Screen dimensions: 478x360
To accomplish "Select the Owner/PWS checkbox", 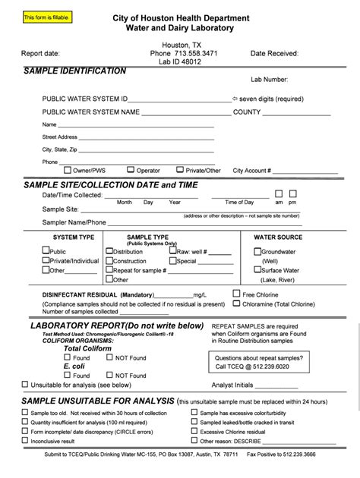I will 68,170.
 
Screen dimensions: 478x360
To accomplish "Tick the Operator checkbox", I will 131,170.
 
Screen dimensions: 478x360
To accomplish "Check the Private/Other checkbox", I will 180,170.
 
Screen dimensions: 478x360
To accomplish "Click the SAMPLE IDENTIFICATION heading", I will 75,71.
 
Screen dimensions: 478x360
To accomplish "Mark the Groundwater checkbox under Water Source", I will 258,251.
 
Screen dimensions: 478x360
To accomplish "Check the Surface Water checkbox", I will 258,269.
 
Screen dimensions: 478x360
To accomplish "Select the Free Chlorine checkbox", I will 237,293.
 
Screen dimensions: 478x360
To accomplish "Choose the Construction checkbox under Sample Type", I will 109,260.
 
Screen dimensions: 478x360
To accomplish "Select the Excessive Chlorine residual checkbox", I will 194,431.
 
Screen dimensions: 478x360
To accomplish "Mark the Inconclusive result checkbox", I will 25,440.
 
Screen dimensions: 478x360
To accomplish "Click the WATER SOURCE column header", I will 278,237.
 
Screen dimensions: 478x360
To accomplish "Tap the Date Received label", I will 275,54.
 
